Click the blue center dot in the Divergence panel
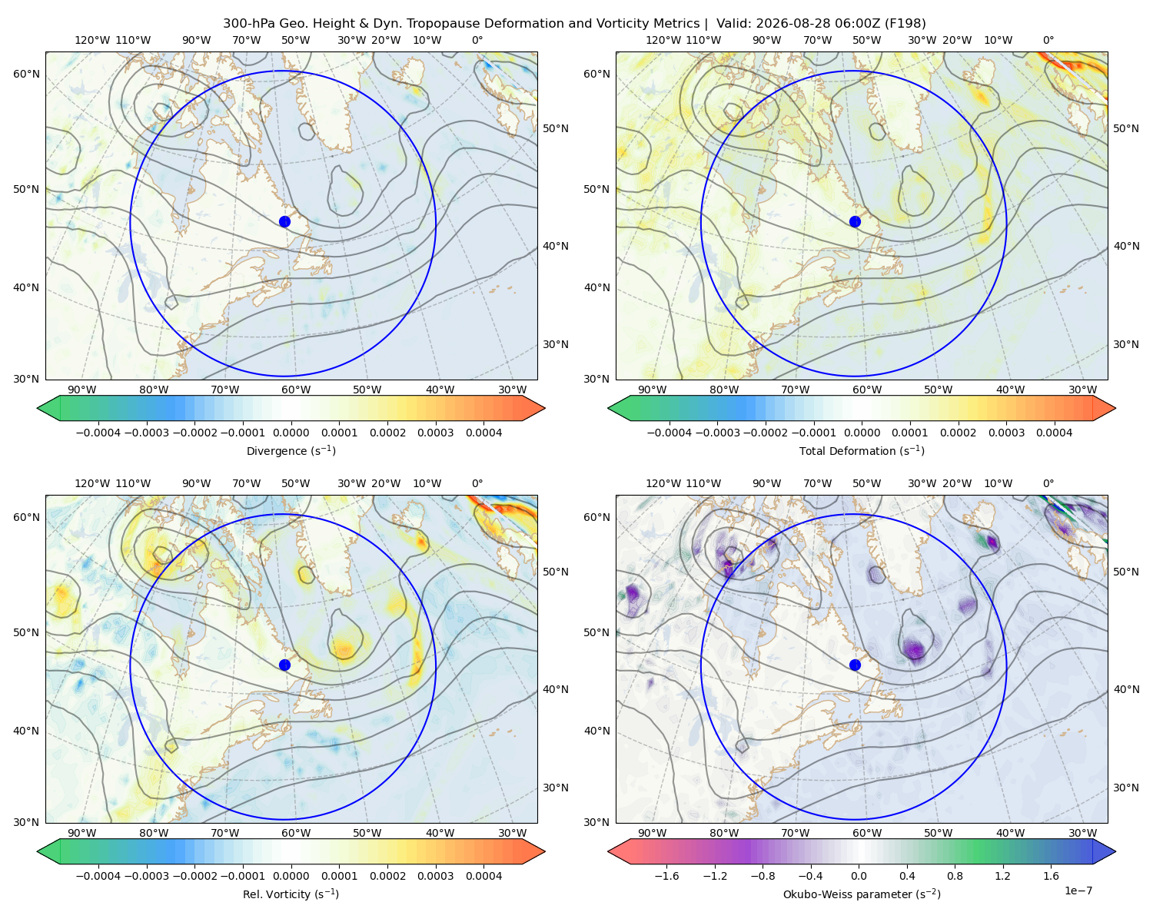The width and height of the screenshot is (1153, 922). coord(284,221)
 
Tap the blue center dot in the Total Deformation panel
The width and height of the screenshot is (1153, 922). coord(855,221)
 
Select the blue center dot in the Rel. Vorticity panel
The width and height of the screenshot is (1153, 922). coord(284,665)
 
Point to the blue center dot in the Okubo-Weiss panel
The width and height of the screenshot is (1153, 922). coord(855,665)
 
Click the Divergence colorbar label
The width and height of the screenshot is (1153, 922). coord(291,451)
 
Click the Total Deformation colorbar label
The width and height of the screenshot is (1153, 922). coord(862,451)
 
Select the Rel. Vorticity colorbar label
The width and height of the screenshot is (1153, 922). coord(291,894)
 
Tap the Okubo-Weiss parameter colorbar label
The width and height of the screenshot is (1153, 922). coord(862,894)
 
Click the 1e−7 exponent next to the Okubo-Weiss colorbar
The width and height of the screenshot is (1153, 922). coord(1078,891)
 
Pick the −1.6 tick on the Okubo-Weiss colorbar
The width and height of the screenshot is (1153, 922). coord(666,876)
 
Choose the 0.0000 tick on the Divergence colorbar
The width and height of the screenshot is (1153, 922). coord(291,433)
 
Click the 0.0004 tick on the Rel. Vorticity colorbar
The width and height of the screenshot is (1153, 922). coord(483,876)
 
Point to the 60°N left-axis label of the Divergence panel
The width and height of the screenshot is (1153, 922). coord(26,74)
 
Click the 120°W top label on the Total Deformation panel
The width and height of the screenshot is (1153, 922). coord(663,40)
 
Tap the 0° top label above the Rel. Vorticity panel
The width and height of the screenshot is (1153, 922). coord(477,483)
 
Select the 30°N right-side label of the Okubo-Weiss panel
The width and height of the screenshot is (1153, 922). coord(1126,788)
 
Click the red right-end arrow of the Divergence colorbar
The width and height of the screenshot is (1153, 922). coord(533,408)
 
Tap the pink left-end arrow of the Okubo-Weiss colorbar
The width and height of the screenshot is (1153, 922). coord(620,851)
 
